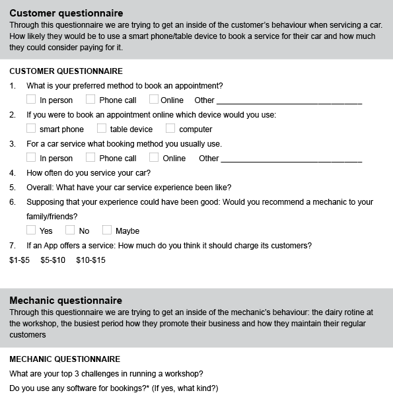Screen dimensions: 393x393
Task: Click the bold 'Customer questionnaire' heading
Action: tap(66, 13)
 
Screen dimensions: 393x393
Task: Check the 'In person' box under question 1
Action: tap(31, 100)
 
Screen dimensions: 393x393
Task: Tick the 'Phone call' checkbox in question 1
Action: tap(90, 100)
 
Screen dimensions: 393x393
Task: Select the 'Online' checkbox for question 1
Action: tap(154, 100)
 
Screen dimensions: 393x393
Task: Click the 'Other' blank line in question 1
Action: tap(289, 102)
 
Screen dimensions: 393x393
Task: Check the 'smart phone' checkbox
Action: tap(31, 128)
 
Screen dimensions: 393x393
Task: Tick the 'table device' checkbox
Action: tap(102, 128)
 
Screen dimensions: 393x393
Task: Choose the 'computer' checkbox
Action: tap(170, 128)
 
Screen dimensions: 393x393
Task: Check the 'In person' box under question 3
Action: tap(31, 157)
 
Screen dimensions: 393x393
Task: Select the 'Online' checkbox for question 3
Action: tap(154, 157)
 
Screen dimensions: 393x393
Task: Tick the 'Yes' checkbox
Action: tap(31, 230)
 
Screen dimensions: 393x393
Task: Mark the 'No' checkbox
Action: tap(70, 230)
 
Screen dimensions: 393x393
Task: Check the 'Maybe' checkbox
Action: tap(107, 230)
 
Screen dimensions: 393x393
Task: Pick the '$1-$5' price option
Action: tap(20, 260)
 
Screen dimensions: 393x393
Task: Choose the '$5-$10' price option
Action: tap(53, 260)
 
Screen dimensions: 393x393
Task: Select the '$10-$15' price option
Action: tap(90, 260)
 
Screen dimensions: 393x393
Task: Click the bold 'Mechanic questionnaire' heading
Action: tap(65, 301)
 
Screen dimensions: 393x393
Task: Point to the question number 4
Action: tap(12, 173)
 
